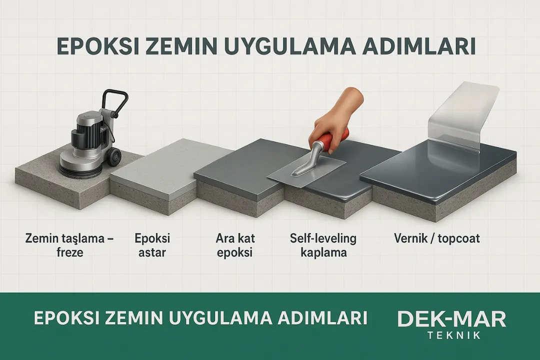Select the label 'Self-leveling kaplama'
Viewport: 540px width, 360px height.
323,245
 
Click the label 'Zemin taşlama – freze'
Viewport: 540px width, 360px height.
69,245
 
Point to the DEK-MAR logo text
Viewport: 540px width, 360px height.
451,319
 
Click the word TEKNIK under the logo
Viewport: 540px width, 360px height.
452,335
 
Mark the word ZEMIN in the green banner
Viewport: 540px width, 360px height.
131,318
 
